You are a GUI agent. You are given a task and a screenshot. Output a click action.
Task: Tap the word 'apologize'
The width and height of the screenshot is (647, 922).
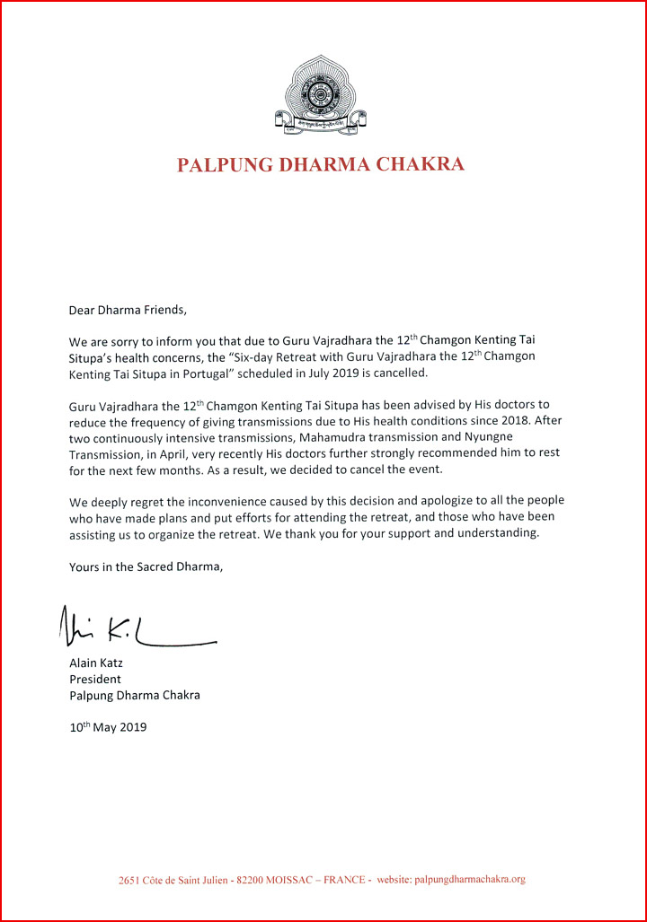(454, 501)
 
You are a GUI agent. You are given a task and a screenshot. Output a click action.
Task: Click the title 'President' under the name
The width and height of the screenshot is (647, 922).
(95, 679)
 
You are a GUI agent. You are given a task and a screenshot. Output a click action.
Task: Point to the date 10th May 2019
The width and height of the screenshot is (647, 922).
(108, 727)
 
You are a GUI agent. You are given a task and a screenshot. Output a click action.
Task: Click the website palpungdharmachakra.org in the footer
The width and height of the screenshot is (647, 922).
(468, 880)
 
